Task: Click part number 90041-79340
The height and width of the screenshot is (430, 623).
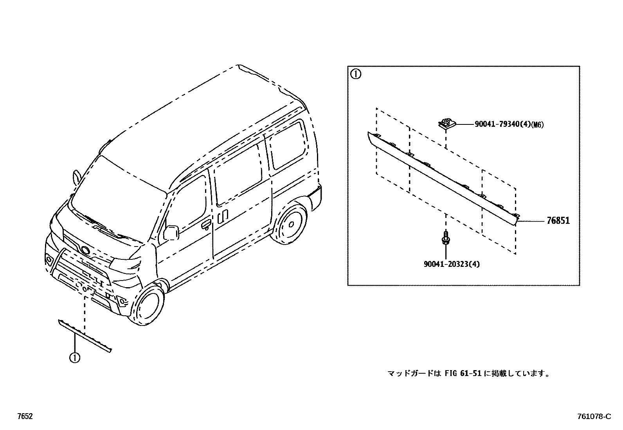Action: tap(502, 124)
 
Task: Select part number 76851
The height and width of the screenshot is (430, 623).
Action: tap(558, 221)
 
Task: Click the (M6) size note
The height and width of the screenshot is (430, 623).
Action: tap(538, 125)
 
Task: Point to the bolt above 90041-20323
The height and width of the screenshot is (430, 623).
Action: tap(445, 238)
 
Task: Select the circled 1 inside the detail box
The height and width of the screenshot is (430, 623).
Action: tap(355, 74)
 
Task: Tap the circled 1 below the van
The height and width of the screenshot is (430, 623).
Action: tap(74, 357)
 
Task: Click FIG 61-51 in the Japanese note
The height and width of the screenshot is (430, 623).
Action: tap(463, 373)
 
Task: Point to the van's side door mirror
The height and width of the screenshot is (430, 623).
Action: tap(171, 232)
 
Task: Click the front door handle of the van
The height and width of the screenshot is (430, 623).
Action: tap(205, 224)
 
